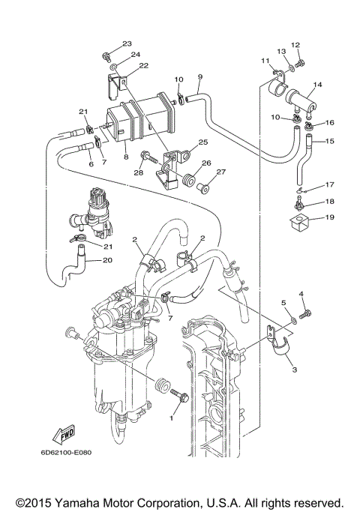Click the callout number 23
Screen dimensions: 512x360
tap(127, 43)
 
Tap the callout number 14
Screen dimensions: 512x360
tap(317, 85)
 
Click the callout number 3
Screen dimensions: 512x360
tap(295, 370)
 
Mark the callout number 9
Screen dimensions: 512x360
tap(200, 77)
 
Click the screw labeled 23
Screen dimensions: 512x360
tap(109, 55)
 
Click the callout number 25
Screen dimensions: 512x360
tap(202, 142)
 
